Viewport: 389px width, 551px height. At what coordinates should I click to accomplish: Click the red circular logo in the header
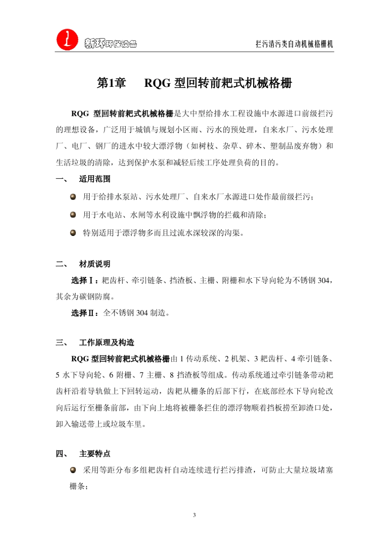click(x=67, y=40)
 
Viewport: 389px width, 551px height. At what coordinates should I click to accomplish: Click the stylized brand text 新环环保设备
click(x=111, y=43)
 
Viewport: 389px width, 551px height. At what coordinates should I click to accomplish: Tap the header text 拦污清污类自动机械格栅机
click(x=294, y=44)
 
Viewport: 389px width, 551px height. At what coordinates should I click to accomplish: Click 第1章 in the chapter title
click(x=111, y=83)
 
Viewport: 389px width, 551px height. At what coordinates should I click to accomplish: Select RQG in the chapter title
click(x=157, y=83)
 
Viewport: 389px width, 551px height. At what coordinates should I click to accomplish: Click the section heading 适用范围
click(x=95, y=179)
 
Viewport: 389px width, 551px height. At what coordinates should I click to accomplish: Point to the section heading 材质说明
click(x=95, y=264)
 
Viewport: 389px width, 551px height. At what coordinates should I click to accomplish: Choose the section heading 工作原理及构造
click(x=106, y=342)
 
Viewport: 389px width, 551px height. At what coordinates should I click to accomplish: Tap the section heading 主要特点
click(x=95, y=454)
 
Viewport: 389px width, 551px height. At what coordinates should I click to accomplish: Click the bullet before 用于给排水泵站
click(x=73, y=197)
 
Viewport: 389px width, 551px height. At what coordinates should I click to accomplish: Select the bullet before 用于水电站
click(x=73, y=215)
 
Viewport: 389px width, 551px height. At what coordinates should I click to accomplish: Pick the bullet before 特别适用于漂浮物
click(x=73, y=233)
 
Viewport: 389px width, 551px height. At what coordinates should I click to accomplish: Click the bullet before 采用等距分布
click(x=73, y=470)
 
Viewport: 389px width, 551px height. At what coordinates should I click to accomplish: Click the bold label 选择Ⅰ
click(x=84, y=281)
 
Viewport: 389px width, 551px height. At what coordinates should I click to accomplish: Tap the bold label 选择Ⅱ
click(x=84, y=313)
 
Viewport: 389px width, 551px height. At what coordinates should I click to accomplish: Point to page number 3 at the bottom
click(x=194, y=515)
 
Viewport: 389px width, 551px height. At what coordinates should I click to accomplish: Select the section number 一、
click(x=62, y=179)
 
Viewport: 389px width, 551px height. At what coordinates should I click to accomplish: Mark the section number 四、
click(x=62, y=454)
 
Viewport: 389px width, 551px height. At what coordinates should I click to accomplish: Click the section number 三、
click(x=62, y=342)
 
